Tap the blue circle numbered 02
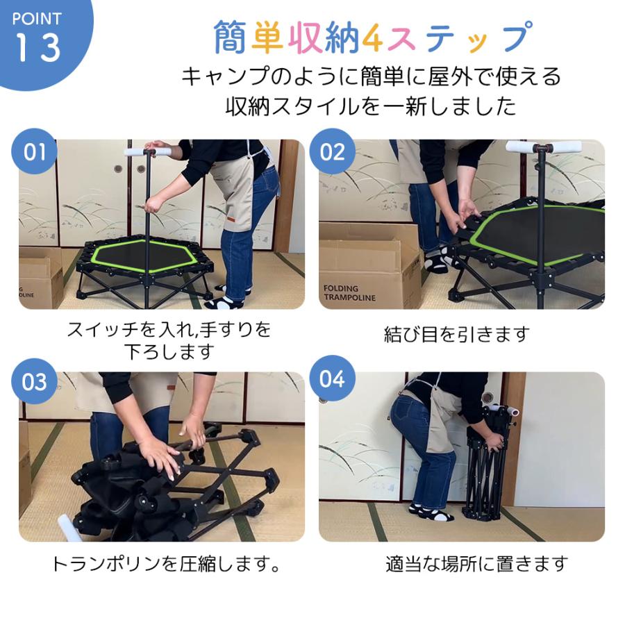(333, 151)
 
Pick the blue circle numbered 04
(333, 379)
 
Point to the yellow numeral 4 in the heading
(372, 39)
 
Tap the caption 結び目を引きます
(456, 334)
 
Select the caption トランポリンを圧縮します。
(167, 563)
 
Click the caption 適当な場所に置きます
(476, 563)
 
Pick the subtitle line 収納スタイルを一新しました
(371, 106)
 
